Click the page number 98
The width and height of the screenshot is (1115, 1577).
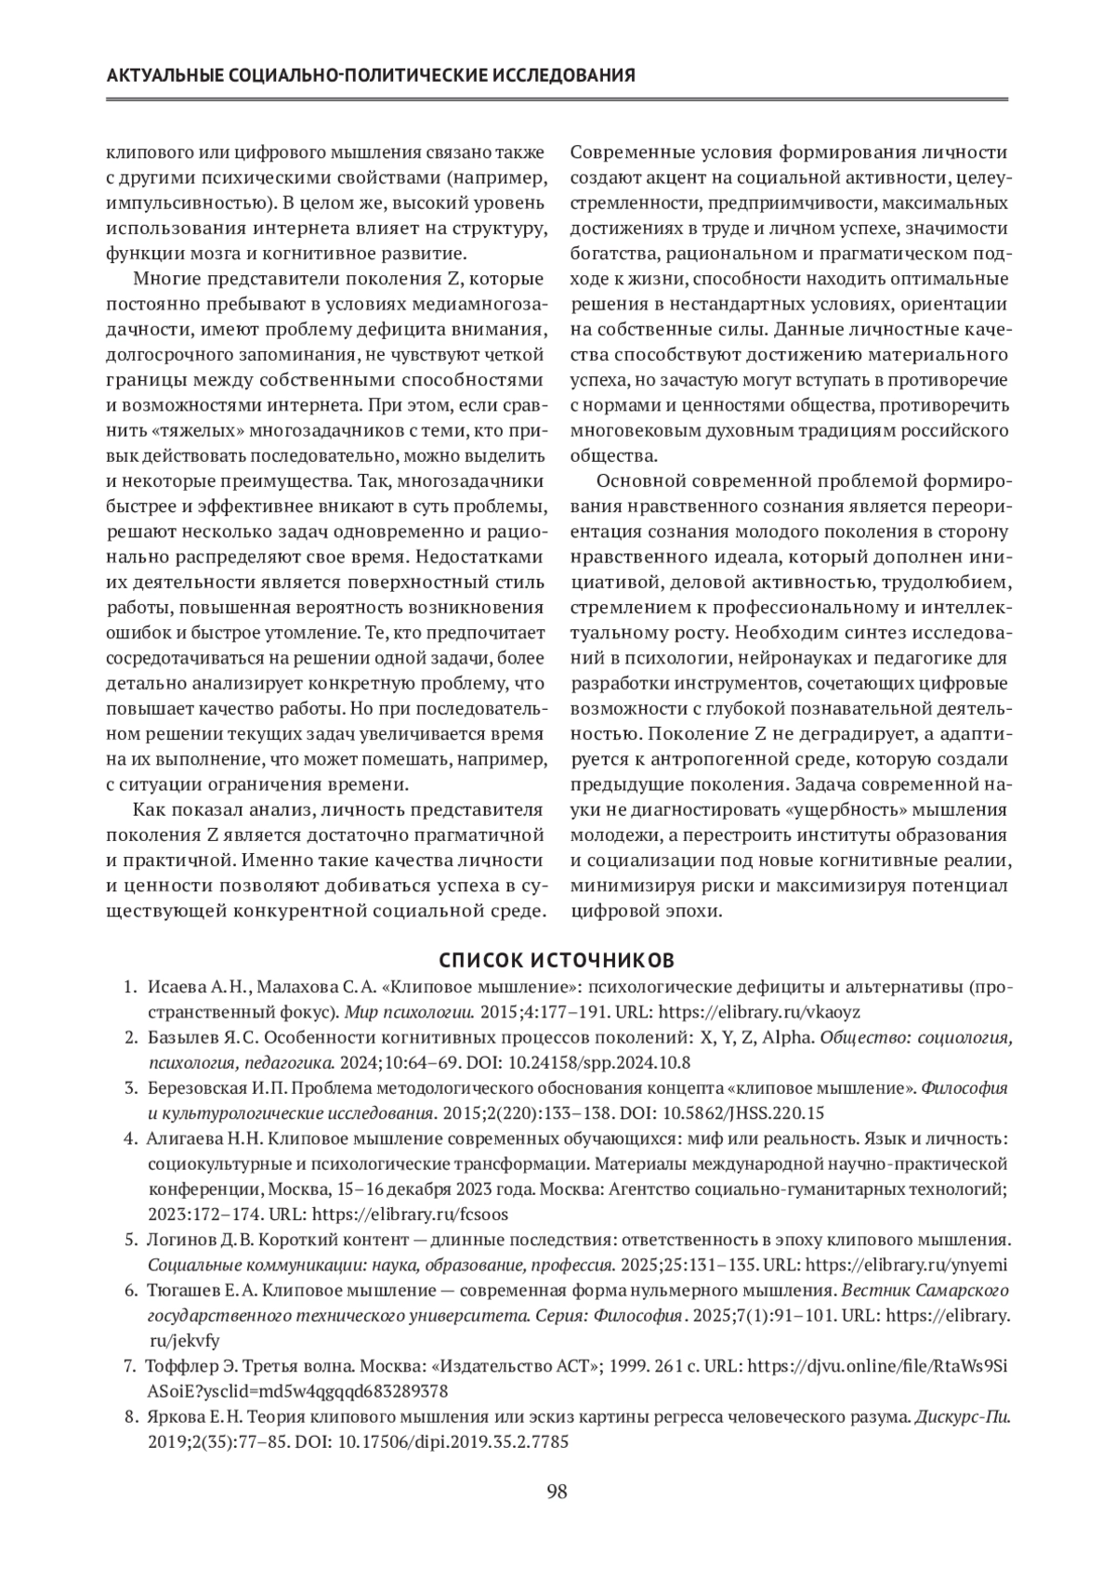tap(557, 1492)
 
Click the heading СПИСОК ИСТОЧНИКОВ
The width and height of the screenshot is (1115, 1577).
tap(557, 959)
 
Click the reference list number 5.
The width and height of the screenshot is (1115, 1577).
tap(131, 1240)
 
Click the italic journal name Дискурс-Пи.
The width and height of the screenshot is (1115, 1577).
tap(962, 1418)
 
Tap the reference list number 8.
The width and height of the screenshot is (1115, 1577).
tap(131, 1418)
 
